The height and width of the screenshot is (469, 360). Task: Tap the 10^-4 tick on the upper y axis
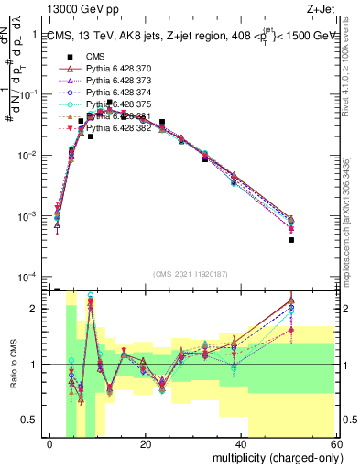(x=30, y=278)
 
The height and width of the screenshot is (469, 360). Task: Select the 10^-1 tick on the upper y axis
(x=30, y=94)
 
